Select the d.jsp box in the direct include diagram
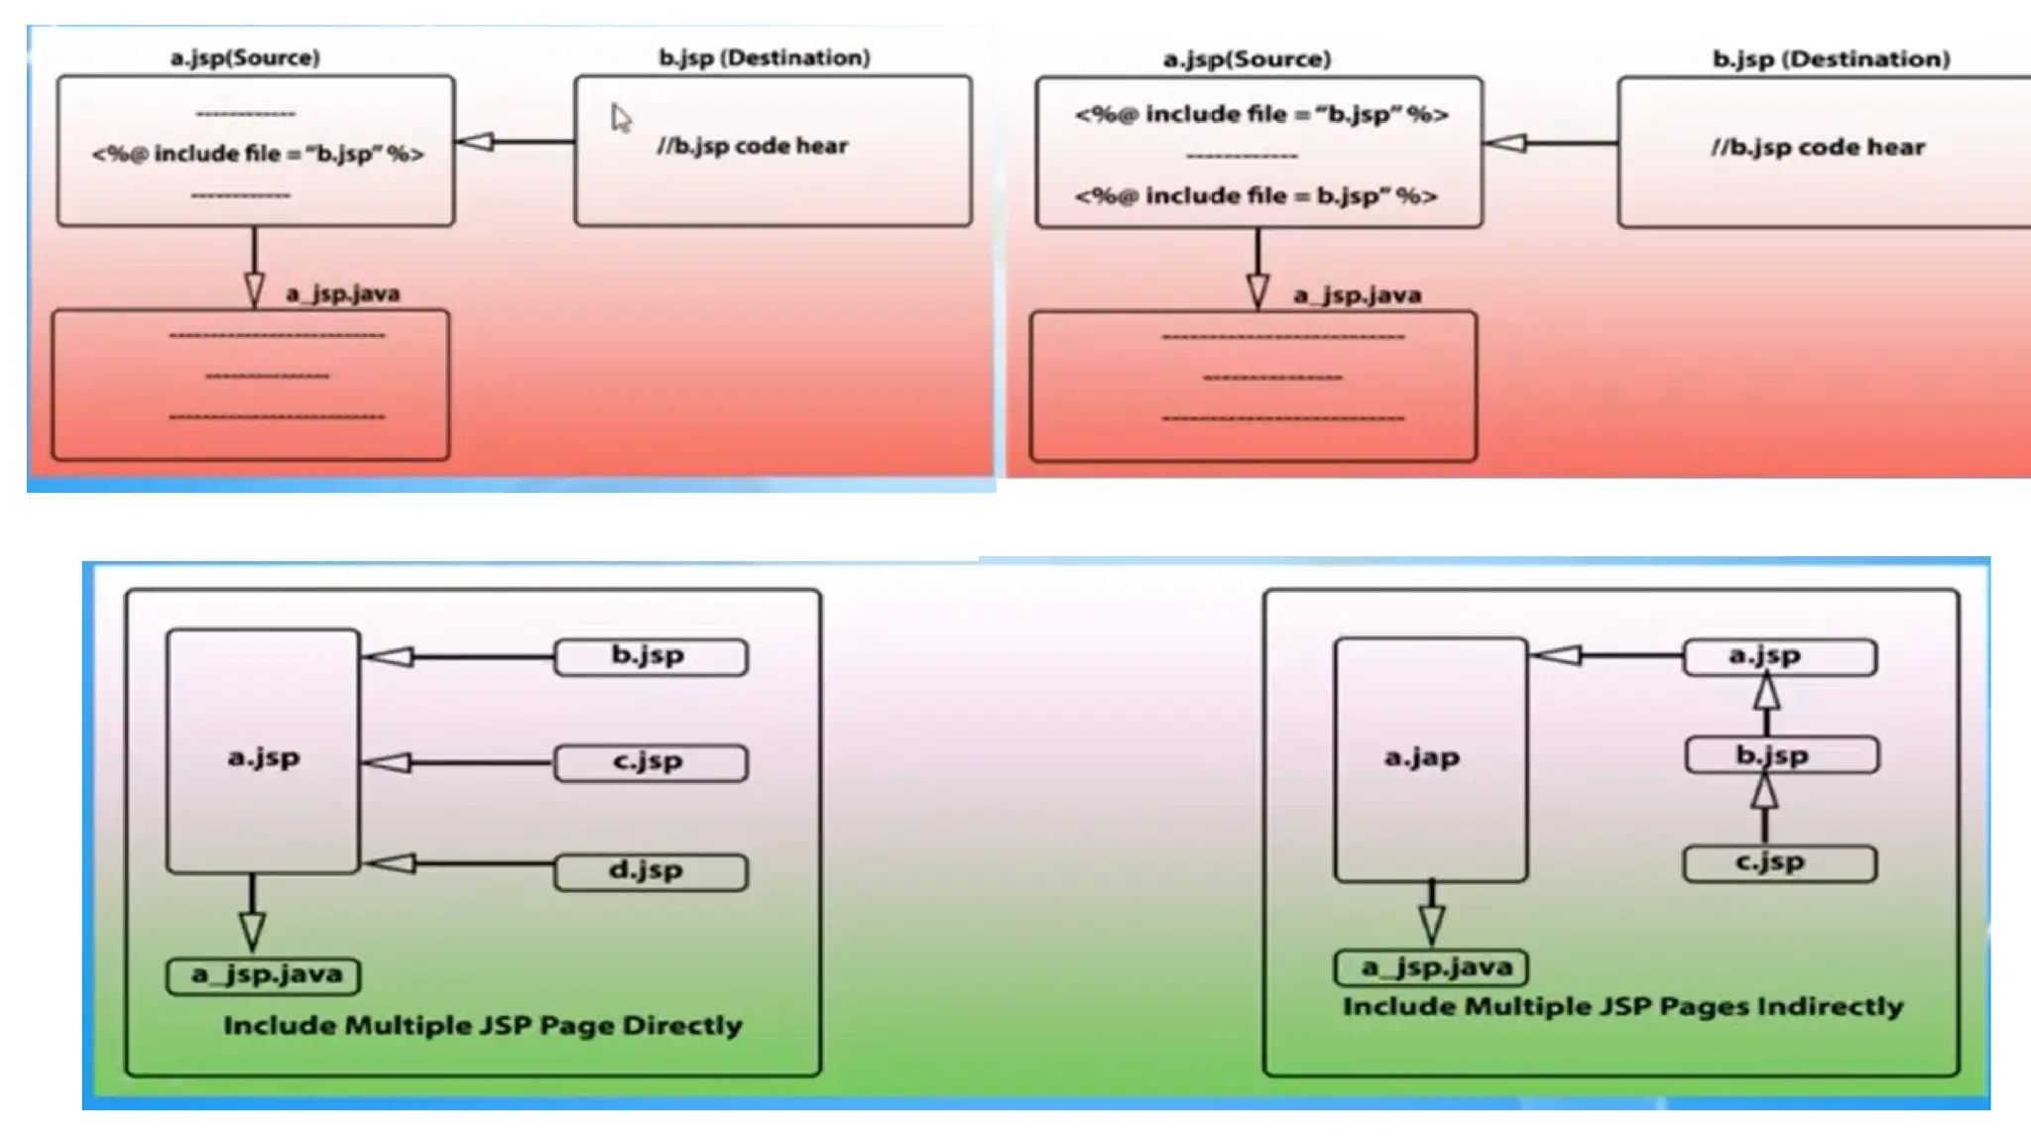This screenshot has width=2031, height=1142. [x=650, y=871]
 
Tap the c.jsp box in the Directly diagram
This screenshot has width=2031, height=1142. [x=650, y=762]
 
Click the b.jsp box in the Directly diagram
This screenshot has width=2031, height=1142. [x=650, y=656]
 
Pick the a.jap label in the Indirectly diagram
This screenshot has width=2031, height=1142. [x=1421, y=758]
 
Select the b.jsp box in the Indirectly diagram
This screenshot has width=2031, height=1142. [x=1780, y=755]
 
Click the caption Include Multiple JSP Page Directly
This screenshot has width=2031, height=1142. [x=482, y=1025]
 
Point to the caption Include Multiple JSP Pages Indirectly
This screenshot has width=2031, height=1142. [x=1622, y=1006]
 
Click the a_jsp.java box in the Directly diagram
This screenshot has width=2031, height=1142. [x=264, y=975]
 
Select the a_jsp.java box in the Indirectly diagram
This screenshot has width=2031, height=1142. [x=1431, y=968]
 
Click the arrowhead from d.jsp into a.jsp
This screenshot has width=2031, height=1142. [x=391, y=863]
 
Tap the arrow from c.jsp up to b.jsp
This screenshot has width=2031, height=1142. [x=1764, y=808]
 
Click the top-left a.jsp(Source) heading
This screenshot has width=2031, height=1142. [x=245, y=57]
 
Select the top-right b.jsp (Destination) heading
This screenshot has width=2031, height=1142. [x=1831, y=59]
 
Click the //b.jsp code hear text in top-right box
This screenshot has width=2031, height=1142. [x=1817, y=148]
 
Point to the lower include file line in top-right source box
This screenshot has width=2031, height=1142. [x=1255, y=196]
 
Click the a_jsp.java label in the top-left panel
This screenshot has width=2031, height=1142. [x=342, y=294]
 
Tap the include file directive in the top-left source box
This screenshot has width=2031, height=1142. [x=258, y=154]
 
